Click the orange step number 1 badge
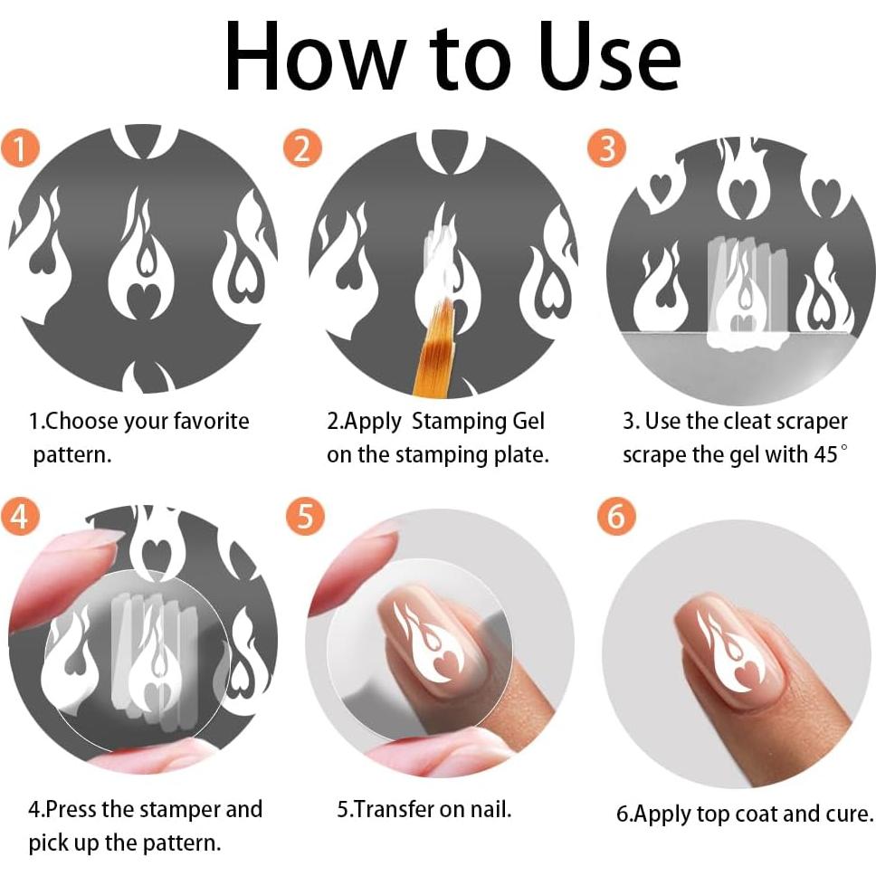pyautogui.click(x=21, y=148)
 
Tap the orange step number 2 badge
pyautogui.click(x=302, y=148)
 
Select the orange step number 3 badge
pyautogui.click(x=606, y=148)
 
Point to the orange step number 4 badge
pyautogui.click(x=20, y=516)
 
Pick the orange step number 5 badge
pyautogui.click(x=305, y=516)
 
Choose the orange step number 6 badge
pyautogui.click(x=616, y=516)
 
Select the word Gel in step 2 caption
pyautogui.click(x=528, y=421)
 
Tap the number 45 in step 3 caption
pyautogui.click(x=825, y=455)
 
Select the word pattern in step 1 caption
pyautogui.click(x=72, y=456)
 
